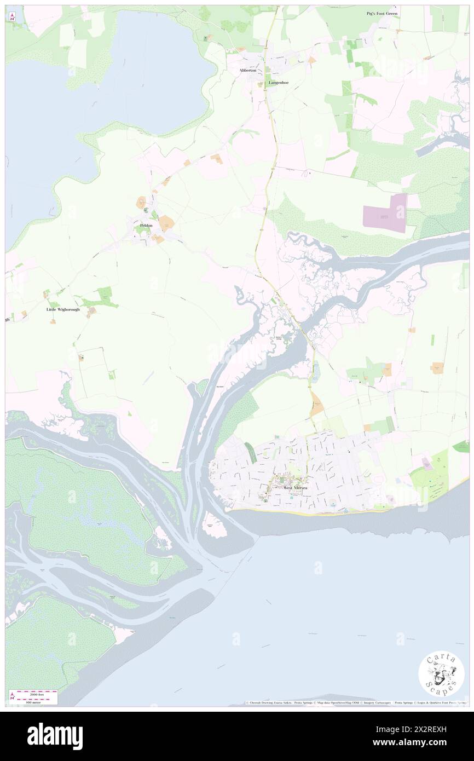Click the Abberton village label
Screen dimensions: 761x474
[x=247, y=71]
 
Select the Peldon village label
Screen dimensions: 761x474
[x=146, y=225]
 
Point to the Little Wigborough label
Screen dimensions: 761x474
[x=62, y=309]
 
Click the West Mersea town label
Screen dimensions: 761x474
[x=295, y=487]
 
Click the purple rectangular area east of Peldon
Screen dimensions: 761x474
[x=385, y=213]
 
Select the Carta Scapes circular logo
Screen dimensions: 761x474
[x=441, y=674]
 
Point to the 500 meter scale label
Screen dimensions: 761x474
[x=33, y=701]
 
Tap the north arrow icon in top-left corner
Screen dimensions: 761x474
[x=12, y=18]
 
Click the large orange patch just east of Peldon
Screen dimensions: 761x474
[x=166, y=223]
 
